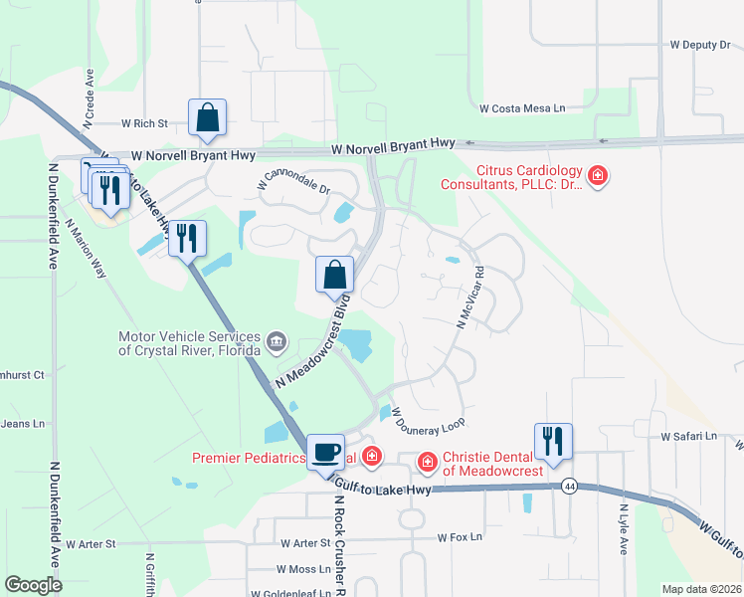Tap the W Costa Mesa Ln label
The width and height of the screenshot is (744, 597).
click(522, 107)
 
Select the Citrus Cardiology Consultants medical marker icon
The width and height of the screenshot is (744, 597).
click(598, 177)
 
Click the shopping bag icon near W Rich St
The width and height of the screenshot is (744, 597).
click(207, 117)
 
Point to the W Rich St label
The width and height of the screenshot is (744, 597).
click(145, 123)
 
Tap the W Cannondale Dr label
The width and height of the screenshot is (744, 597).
click(292, 177)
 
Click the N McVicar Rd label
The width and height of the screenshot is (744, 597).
click(469, 298)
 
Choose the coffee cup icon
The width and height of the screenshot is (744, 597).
click(325, 453)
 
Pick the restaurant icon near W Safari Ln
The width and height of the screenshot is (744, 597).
click(553, 441)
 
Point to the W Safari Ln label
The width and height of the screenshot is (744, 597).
click(688, 436)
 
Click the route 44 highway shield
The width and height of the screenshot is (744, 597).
click(569, 486)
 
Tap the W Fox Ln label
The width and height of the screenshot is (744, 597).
click(460, 537)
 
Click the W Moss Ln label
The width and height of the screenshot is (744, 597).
click(303, 569)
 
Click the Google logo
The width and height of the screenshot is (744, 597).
click(33, 585)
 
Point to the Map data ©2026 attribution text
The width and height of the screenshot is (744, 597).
click(701, 589)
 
